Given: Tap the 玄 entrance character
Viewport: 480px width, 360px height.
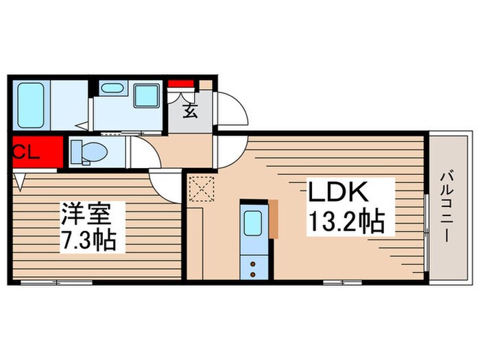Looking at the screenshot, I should coord(190,110).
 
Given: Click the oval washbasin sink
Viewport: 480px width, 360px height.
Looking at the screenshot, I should coord(111,88).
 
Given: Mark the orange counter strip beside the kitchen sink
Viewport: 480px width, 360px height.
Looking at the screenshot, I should coord(274,218).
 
